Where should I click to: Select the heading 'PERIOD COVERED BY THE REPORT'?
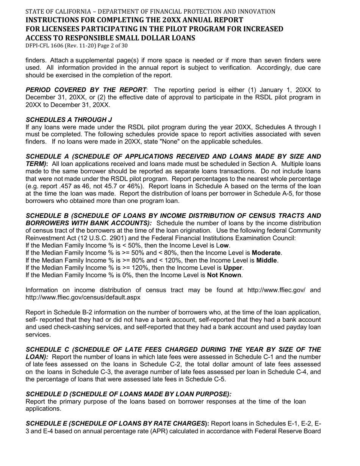tap(86, 90)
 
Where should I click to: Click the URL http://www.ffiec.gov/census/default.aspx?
tap(83, 297)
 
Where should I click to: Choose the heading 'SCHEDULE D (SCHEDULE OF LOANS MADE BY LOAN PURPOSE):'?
tap(128, 394)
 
